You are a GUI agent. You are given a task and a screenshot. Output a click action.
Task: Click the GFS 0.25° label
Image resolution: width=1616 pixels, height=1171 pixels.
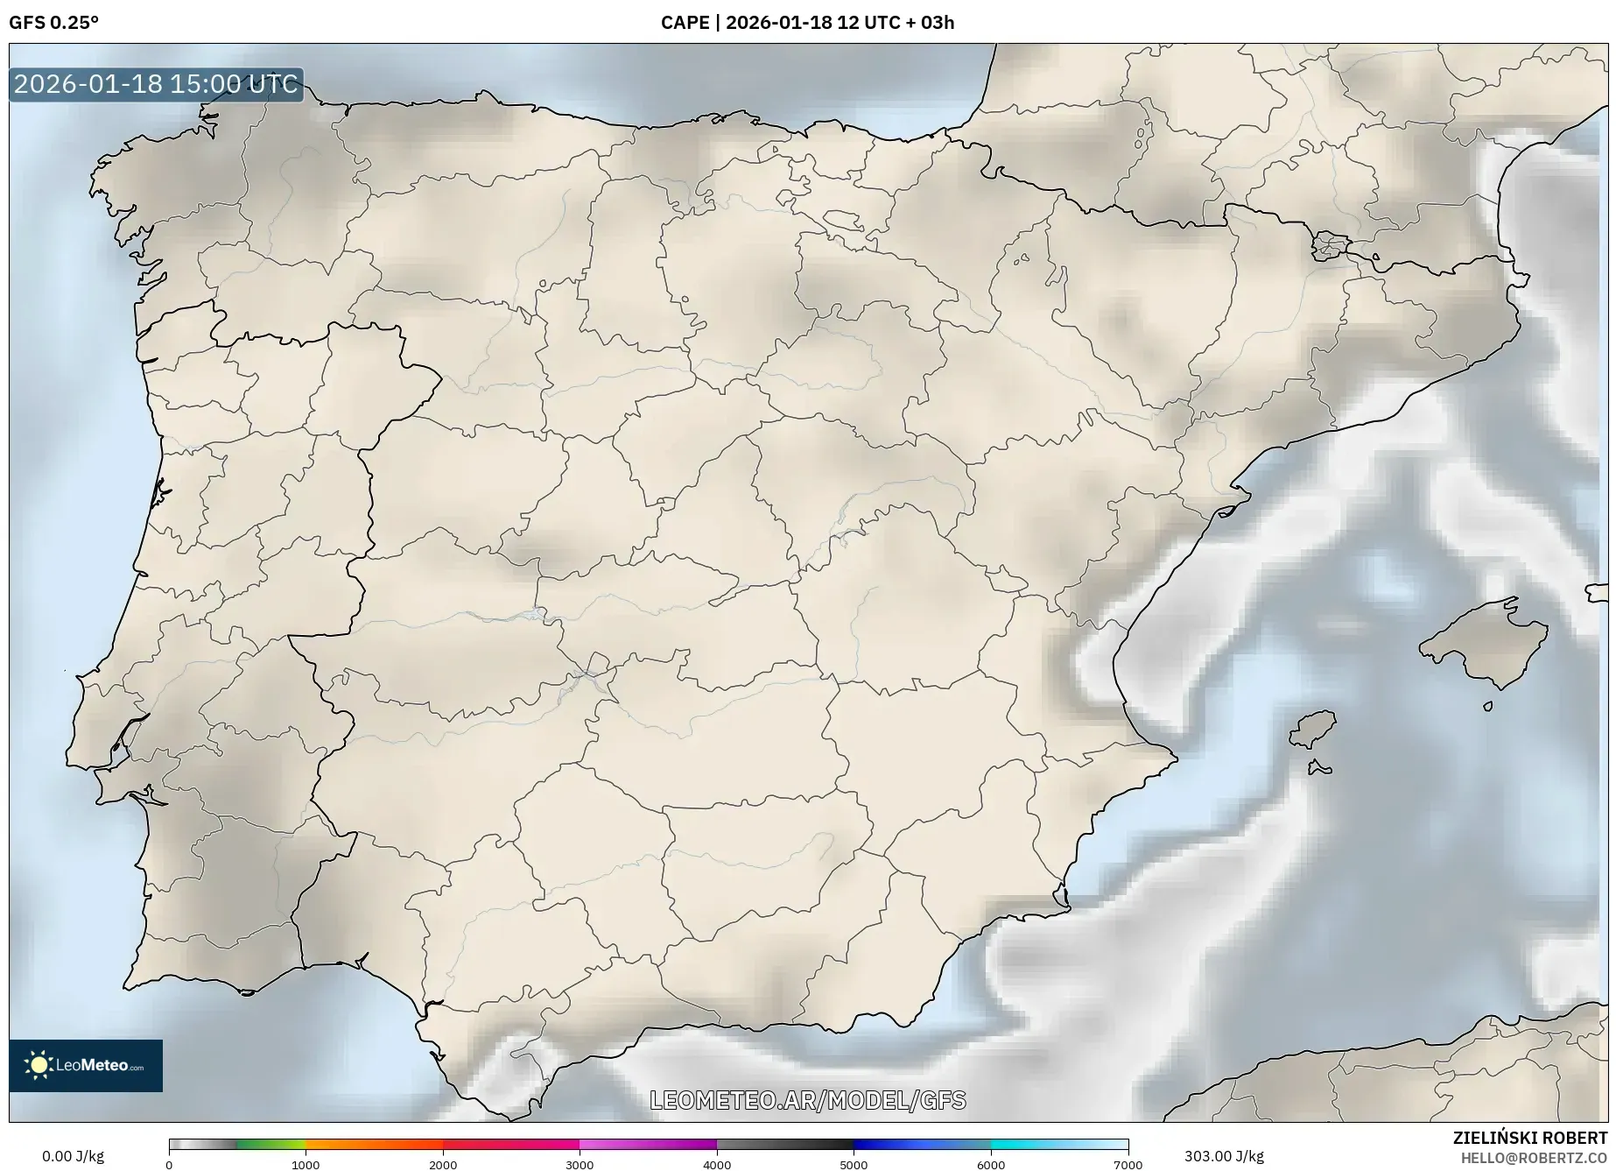[53, 23]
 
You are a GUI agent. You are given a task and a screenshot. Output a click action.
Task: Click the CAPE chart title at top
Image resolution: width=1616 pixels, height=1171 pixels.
[807, 23]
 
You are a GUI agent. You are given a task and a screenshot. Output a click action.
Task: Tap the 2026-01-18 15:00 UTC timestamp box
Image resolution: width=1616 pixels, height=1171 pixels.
[156, 84]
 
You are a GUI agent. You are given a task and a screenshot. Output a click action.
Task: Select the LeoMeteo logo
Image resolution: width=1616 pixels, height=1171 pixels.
[86, 1065]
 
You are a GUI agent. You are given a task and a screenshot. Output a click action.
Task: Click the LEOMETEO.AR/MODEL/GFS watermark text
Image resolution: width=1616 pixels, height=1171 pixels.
[807, 1100]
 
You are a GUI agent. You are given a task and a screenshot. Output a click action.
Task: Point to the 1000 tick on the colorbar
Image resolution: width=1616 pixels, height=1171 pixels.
[306, 1164]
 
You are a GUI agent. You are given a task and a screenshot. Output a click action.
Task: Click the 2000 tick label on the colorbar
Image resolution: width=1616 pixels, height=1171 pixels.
[443, 1164]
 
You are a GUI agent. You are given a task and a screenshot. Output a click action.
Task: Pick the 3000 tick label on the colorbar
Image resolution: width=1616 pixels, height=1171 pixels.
[580, 1164]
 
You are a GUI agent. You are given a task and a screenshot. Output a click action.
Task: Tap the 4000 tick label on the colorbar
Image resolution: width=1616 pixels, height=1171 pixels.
[717, 1164]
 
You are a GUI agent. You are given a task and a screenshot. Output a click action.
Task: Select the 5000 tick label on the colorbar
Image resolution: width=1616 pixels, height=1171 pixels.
[854, 1164]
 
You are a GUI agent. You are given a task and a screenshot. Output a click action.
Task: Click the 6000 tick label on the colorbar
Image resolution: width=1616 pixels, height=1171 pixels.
[991, 1164]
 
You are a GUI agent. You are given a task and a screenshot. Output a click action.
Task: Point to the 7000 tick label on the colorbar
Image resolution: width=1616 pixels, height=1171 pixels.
[1128, 1164]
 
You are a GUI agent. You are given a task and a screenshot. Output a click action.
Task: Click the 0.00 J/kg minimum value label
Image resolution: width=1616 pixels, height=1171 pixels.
[73, 1156]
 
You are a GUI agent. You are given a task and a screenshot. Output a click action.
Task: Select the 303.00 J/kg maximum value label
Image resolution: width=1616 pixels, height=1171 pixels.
[1224, 1156]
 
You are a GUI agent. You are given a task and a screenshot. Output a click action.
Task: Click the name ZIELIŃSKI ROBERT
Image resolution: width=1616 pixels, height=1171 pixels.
[1529, 1138]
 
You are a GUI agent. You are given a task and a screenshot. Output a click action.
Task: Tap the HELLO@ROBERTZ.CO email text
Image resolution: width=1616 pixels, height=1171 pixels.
[1534, 1158]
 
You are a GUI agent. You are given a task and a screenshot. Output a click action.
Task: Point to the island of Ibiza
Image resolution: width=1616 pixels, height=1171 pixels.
[1314, 729]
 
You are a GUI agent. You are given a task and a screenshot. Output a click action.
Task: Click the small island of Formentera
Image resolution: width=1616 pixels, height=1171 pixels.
[1319, 769]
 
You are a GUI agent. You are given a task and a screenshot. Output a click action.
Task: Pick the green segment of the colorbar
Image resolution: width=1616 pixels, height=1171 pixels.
[271, 1144]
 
